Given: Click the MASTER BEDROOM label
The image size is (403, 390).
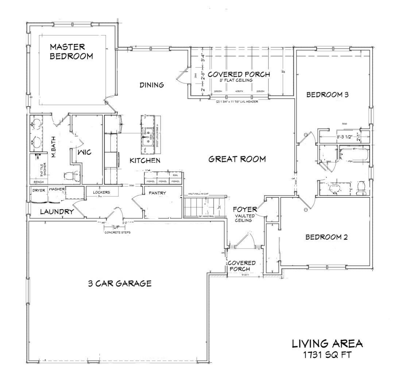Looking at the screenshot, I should [71, 51].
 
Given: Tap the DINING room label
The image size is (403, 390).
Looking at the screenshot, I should [152, 85].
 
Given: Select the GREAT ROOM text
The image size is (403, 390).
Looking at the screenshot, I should [237, 159].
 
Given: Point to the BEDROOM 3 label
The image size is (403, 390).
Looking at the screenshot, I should [328, 95].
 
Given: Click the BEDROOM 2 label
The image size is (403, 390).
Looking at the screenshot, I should [326, 237].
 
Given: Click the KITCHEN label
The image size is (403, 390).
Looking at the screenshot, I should [145, 161].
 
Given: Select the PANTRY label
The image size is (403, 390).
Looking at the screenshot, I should [157, 193].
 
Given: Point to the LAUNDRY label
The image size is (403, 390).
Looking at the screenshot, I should [57, 212].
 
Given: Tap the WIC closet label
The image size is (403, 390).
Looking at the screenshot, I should [84, 152].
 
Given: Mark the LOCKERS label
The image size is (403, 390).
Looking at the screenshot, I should [101, 192].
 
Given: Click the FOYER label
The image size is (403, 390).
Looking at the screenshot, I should [245, 209].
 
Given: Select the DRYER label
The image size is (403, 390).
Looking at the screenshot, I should [39, 190].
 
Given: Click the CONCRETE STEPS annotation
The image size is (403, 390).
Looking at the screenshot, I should [117, 232].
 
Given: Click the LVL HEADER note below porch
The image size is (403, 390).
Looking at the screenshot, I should [237, 102].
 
